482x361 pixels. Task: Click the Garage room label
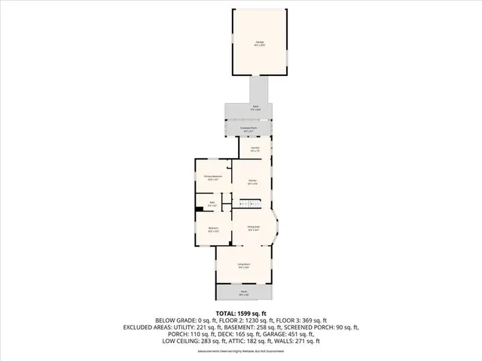click(259, 44)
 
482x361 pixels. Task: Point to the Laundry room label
click(255, 150)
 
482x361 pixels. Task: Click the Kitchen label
click(254, 182)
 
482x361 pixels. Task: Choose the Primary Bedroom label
click(212, 178)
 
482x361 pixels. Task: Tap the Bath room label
click(212, 204)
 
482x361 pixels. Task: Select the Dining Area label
click(254, 228)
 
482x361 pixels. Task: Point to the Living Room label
click(244, 265)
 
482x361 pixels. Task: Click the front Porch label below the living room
click(244, 293)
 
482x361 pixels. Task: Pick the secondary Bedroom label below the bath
click(212, 230)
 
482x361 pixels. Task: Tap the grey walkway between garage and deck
click(260, 89)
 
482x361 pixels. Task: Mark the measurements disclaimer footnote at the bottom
click(240, 351)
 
